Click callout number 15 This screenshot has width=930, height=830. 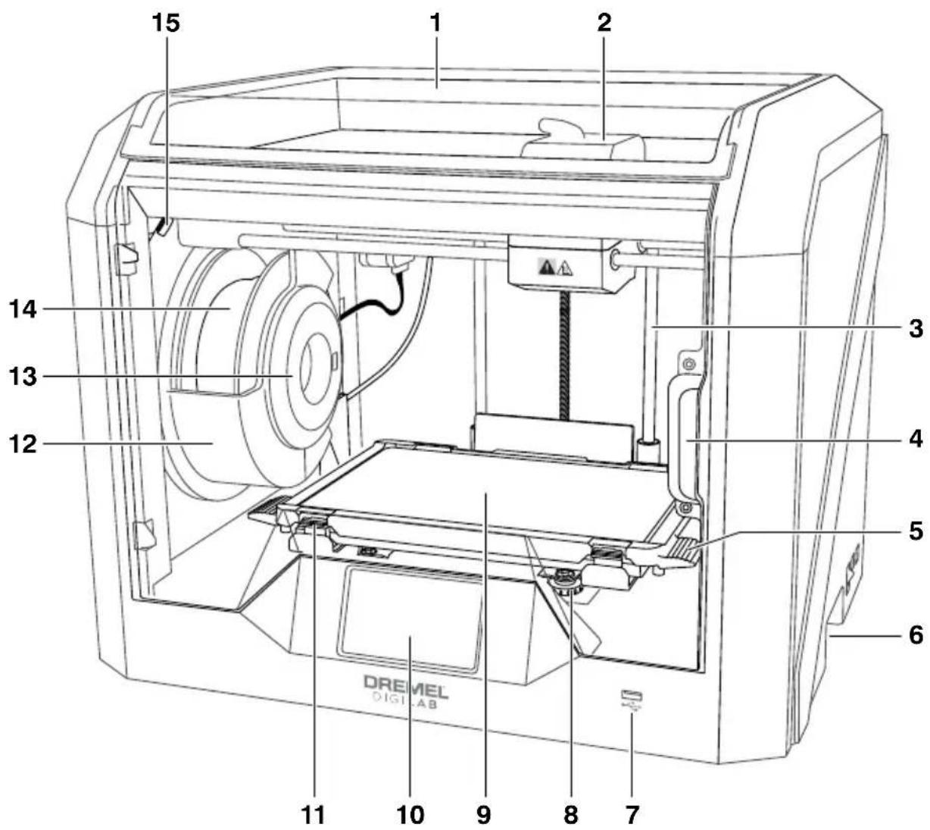[166, 23]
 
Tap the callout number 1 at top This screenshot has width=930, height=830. [435, 23]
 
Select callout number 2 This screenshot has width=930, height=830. [604, 23]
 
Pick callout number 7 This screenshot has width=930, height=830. [632, 815]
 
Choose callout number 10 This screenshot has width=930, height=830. [410, 815]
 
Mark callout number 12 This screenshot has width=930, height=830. [23, 444]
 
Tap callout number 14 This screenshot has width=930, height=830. [23, 309]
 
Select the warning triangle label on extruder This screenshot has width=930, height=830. [555, 267]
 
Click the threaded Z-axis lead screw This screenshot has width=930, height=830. [565, 355]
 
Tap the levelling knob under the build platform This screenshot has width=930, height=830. [566, 581]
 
